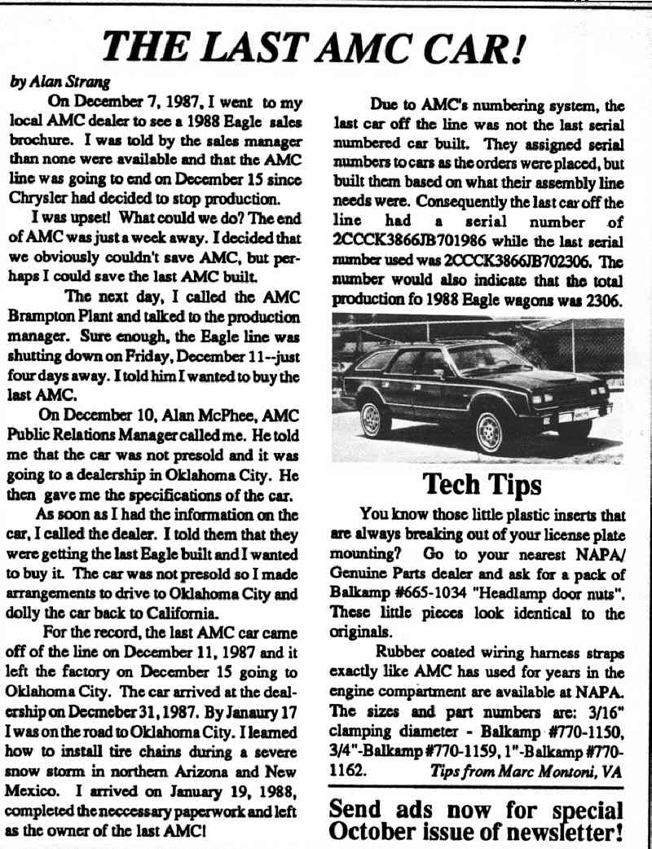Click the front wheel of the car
click(x=491, y=431)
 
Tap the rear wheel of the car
click(x=372, y=419)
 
